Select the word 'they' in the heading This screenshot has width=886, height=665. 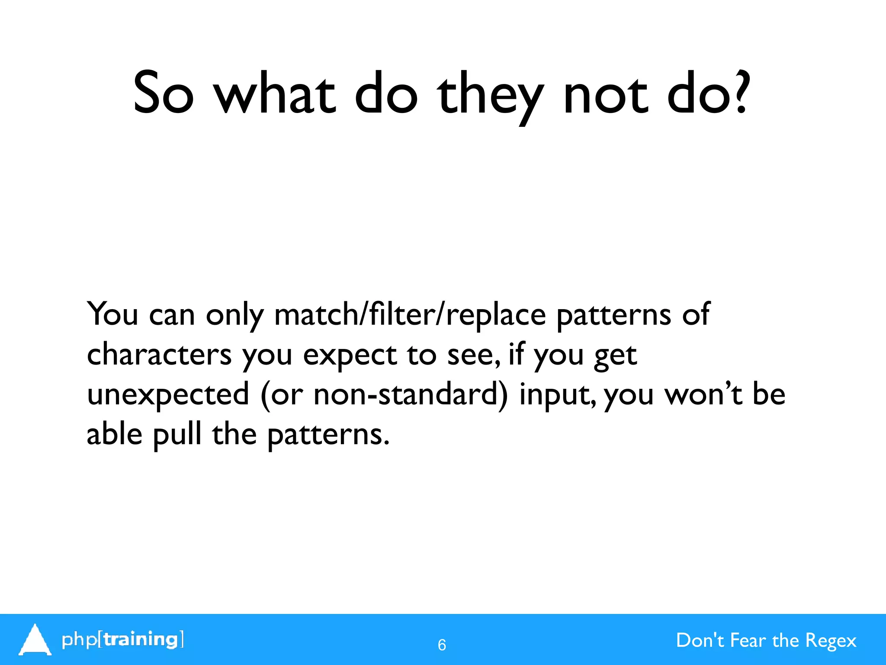click(x=490, y=96)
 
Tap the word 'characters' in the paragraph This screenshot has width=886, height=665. click(x=159, y=354)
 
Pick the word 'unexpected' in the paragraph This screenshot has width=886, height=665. click(x=168, y=395)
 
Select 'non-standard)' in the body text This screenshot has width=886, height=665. click(x=411, y=394)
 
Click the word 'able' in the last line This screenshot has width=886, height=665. click(x=114, y=434)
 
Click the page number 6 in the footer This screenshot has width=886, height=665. click(x=442, y=645)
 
